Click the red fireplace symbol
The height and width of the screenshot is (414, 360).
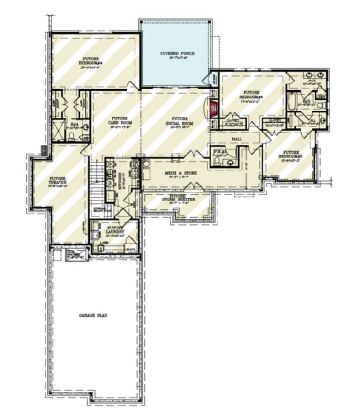coord(214,109)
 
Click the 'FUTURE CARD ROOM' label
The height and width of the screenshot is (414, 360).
coord(117,120)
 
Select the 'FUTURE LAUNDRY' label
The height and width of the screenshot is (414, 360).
coord(114,229)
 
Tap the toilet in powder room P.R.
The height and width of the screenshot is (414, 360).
coord(217,161)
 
